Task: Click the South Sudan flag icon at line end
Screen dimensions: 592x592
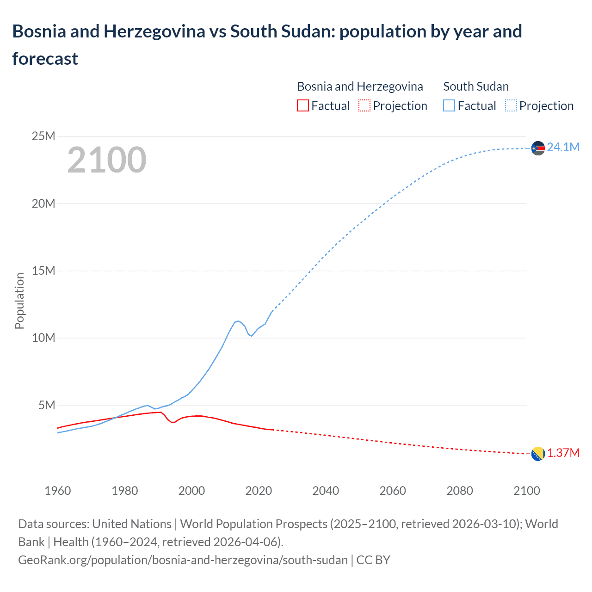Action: coord(538,148)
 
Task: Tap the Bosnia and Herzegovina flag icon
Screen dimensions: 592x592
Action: coord(538,454)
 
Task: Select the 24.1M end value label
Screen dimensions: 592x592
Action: coord(563,147)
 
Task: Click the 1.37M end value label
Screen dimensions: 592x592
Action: coord(563,453)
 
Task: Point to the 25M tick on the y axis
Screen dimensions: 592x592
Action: coord(43,136)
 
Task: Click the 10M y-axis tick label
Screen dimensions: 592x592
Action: coord(43,338)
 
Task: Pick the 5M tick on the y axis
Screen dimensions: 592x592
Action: coord(47,405)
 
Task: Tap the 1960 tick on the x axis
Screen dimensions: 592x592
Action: coord(58,491)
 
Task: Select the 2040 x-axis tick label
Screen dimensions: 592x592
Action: coord(326,491)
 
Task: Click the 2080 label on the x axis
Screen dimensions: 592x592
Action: coord(460,491)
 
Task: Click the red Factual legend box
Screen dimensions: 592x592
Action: coord(302,106)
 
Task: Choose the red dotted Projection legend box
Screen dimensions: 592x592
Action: coord(364,106)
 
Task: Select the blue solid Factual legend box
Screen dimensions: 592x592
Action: coord(449,106)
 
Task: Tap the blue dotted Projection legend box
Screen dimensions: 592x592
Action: coord(511,106)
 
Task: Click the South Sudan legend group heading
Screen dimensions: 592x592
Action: coord(476,86)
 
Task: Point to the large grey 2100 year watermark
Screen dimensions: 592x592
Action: coord(107,160)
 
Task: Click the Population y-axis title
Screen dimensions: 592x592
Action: coord(19,301)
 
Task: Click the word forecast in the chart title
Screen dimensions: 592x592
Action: coord(45,59)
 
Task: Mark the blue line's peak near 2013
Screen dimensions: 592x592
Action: coord(238,321)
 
